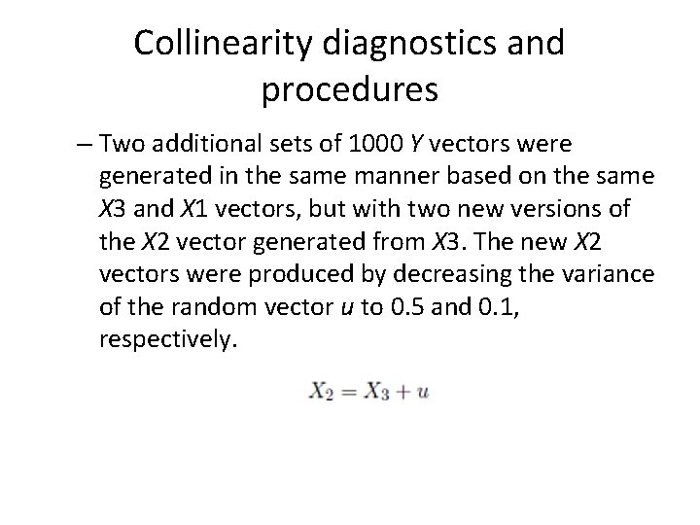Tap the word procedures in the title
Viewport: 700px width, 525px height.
coord(350,90)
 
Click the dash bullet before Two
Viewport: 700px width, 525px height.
coord(85,146)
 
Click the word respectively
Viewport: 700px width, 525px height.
coord(166,339)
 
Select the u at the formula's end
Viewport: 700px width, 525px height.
coord(423,393)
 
